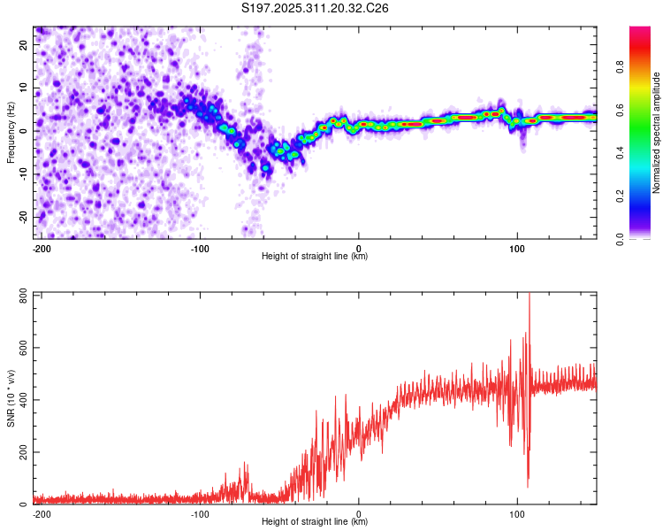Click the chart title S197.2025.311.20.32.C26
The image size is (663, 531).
pos(316,9)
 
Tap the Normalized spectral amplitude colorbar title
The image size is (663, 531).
pos(657,133)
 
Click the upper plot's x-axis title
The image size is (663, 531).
pos(315,257)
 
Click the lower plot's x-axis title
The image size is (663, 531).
pos(315,522)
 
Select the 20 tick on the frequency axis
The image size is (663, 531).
pos(24,43)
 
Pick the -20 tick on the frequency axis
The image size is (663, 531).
pos(22,217)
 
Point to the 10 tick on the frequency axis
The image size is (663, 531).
pos(24,87)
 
